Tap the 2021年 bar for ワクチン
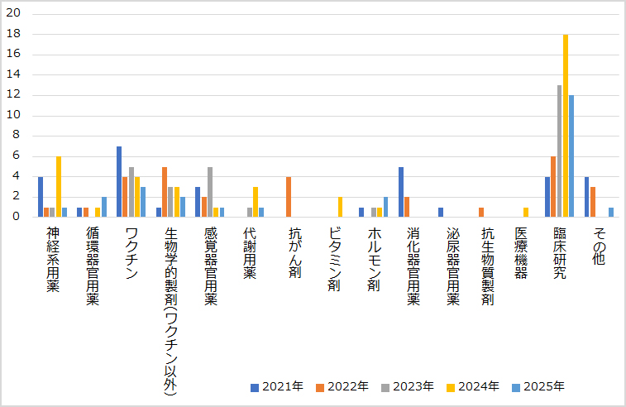coord(119,181)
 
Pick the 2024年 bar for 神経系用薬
coord(58,186)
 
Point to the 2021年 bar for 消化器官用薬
coord(401,191)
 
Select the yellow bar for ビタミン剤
coord(340,207)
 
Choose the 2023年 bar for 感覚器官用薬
coord(210,191)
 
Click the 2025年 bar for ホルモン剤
coord(385,207)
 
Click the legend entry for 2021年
coord(276,386)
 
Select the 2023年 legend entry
coord(409,386)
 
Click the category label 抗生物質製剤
coord(487,266)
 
